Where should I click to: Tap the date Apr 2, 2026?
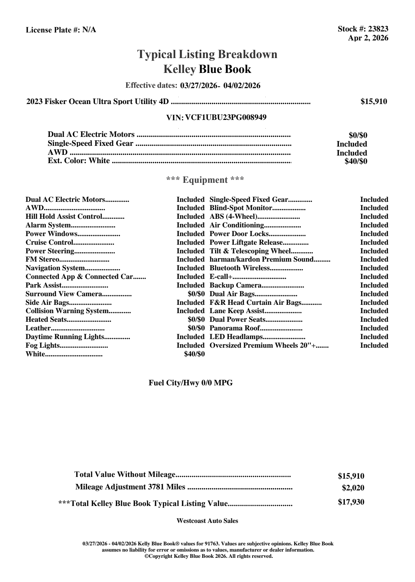coord(368,38)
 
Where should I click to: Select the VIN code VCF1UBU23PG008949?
coord(226,118)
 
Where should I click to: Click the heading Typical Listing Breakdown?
coord(207,54)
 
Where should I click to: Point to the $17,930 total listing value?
coord(351,502)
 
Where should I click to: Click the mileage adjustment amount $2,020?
coord(353,488)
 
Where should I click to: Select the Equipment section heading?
coord(205,180)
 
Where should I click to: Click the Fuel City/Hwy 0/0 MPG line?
coord(190,383)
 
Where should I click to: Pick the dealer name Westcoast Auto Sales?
coord(207,521)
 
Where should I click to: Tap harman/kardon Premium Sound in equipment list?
coord(261,260)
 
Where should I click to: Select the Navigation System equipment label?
coord(55,268)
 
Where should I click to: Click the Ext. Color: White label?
coord(79,161)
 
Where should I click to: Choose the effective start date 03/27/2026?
coord(198,85)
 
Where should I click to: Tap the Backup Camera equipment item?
coord(235,285)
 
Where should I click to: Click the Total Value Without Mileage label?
coord(125,475)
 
